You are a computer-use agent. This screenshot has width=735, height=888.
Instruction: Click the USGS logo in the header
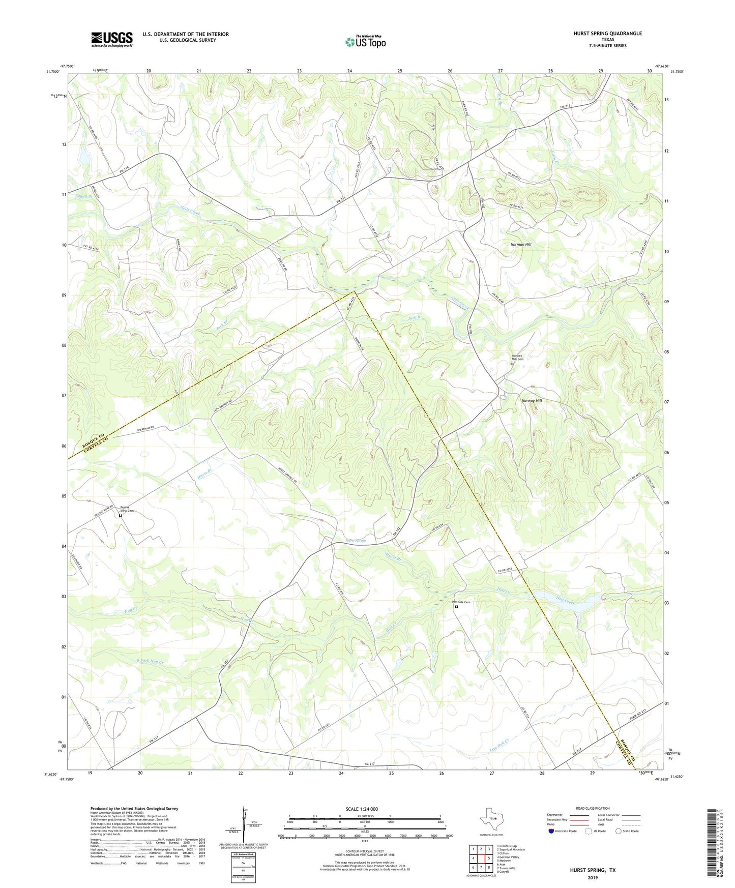click(x=112, y=39)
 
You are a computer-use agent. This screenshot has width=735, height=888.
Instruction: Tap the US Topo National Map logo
click(x=365, y=42)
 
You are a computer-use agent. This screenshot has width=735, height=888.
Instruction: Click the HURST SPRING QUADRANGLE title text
click(x=600, y=34)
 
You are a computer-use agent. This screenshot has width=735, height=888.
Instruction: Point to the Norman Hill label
click(x=521, y=245)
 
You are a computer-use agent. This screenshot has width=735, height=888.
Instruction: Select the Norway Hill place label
click(x=532, y=401)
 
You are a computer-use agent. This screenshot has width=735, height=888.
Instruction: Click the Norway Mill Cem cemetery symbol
click(x=512, y=365)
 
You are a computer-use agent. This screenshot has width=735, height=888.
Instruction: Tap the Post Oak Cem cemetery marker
click(x=456, y=607)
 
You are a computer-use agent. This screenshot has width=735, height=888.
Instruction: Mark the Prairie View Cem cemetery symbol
click(x=121, y=516)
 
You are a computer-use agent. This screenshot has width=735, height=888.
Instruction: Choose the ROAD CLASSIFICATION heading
click(x=593, y=808)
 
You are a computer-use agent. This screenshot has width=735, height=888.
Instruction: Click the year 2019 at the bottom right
click(x=593, y=877)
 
